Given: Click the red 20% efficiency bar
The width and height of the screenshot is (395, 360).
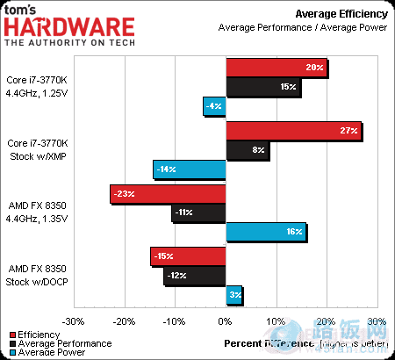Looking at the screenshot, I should tap(276, 68).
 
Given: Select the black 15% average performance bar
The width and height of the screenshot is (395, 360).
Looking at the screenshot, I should tap(263, 87).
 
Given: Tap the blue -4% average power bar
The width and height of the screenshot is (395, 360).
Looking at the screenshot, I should tap(215, 106).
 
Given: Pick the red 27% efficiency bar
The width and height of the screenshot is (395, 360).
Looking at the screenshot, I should tap(294, 131).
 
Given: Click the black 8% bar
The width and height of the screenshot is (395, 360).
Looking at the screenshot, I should tap(248, 150).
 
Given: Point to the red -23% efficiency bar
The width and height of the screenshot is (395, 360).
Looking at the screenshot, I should tap(169, 193).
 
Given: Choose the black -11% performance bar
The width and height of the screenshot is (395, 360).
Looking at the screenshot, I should tap(199, 212).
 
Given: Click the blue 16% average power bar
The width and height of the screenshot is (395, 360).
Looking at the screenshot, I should tap(266, 232).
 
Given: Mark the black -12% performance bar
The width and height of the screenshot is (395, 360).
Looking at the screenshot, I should tap(196, 276).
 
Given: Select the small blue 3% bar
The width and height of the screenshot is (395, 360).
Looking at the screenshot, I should tap(234, 295).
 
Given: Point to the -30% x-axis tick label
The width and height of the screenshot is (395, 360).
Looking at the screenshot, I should tap(73, 321).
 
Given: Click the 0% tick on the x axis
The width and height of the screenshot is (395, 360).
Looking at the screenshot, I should tap(226, 321).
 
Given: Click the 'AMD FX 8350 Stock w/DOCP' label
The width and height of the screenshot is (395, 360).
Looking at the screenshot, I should tap(37, 274).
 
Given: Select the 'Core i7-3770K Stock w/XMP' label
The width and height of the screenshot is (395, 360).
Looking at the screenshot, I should tap(37, 148).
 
